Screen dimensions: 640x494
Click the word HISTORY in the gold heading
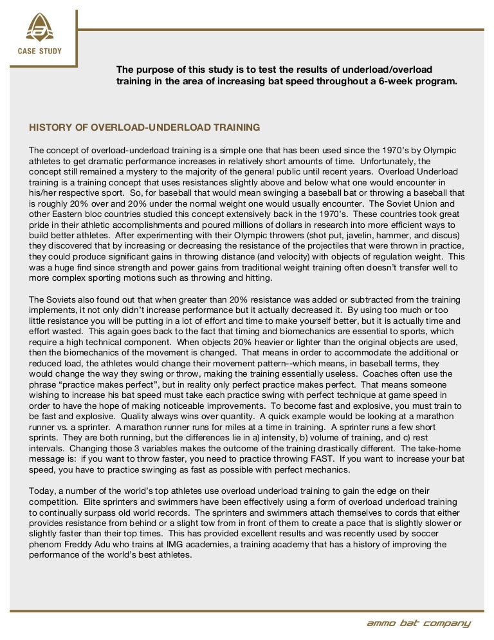click(x=51, y=127)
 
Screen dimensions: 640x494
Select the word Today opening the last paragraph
click(x=42, y=491)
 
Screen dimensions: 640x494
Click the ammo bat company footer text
click(x=418, y=623)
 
